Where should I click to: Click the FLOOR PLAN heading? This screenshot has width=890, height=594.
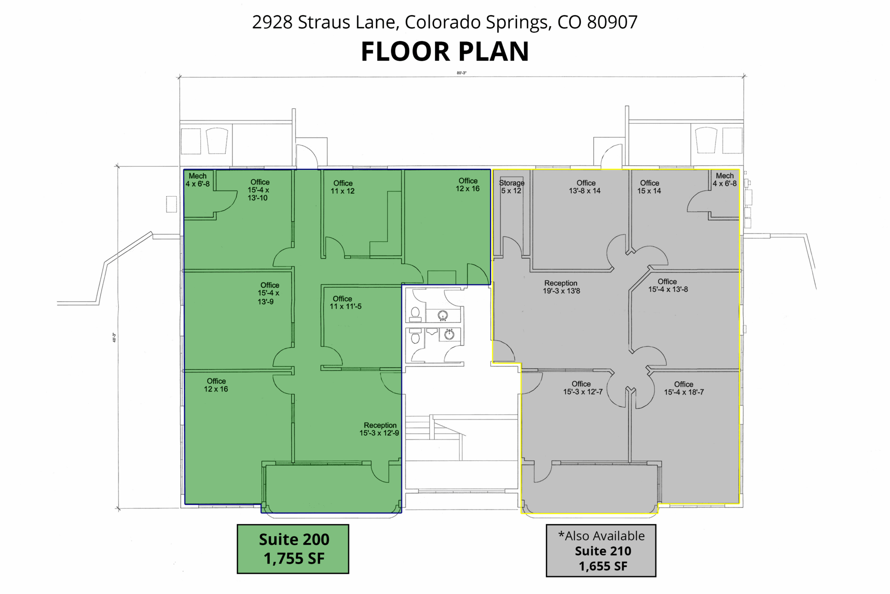coord(445,51)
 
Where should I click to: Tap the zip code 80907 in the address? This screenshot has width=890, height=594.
coord(612,22)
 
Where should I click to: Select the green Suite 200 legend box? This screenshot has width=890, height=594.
coord(293,549)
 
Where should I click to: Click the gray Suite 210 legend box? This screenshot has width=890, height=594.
coord(601,550)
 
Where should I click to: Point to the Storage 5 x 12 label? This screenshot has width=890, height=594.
coord(511,187)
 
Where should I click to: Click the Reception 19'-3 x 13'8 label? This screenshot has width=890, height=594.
coord(561,287)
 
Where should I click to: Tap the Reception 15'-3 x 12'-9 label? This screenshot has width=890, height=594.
coord(379,429)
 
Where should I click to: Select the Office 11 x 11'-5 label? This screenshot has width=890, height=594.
coord(345,302)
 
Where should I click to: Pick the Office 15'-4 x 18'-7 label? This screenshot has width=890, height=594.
coord(684,388)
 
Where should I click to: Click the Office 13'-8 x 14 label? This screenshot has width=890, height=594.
coord(585,187)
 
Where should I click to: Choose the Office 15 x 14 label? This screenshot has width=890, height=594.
coord(649,187)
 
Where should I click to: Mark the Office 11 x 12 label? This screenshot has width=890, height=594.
coord(342,187)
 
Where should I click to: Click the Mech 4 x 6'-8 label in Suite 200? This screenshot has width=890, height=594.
coord(198,180)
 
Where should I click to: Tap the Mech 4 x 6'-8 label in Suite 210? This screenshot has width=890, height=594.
coord(725,179)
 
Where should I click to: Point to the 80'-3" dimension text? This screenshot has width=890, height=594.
coord(462,73)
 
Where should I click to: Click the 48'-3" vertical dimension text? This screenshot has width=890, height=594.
coord(114,338)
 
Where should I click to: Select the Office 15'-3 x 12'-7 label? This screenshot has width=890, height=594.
coord(582,388)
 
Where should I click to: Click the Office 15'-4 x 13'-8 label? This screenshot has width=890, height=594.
coord(668,285)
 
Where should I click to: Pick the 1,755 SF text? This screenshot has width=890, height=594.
coord(294,558)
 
